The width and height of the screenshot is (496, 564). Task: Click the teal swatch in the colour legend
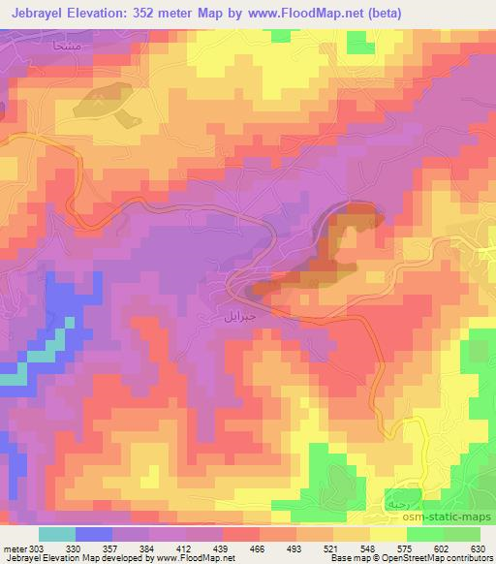57,534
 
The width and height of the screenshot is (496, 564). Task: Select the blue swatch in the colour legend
94,534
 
